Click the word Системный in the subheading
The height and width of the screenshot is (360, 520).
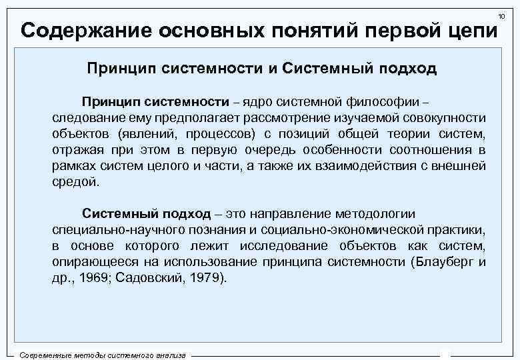tap(327, 69)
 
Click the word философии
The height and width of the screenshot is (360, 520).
tap(385, 101)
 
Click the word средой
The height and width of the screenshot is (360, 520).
tap(75, 181)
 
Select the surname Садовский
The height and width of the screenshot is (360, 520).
tap(154, 278)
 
